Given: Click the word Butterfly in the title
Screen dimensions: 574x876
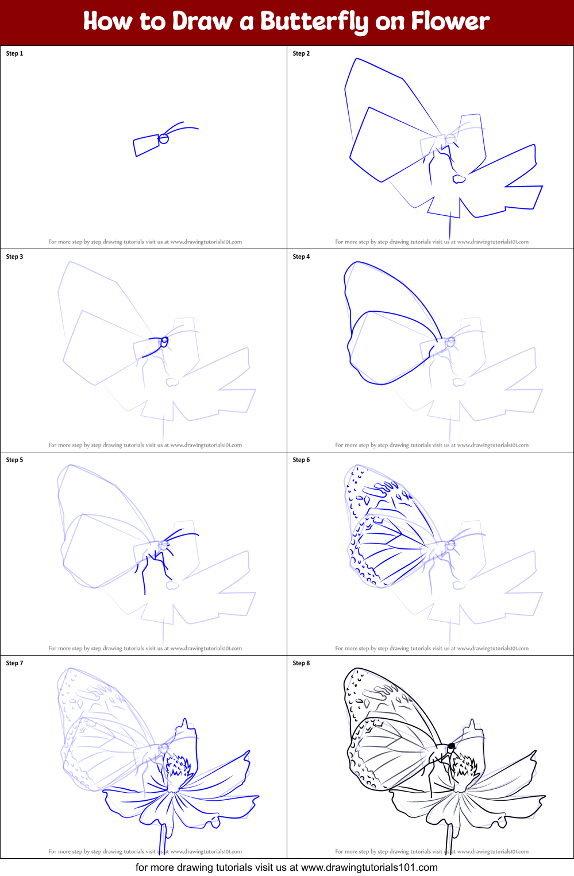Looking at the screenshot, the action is point(314,21).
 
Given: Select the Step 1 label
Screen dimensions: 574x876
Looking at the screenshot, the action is point(14,53).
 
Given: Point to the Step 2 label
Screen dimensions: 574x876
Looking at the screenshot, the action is point(301,53).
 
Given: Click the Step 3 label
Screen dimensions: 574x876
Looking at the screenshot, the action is point(14,257).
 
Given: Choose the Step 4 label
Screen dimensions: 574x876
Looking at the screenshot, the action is point(301,257).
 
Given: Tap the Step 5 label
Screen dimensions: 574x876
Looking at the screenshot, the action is point(14,460).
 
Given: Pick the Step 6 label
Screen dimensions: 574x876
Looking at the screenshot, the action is point(301,460).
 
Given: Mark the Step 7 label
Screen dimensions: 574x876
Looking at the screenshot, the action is point(14,663).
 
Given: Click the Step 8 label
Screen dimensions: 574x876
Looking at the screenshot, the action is point(301,663).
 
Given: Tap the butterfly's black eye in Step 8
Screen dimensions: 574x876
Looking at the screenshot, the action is point(451,746).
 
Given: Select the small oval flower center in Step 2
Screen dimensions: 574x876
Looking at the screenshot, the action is point(459,179).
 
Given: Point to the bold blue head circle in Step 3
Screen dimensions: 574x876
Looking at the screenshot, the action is point(164,342).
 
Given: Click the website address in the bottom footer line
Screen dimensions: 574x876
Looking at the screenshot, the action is point(369,867).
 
